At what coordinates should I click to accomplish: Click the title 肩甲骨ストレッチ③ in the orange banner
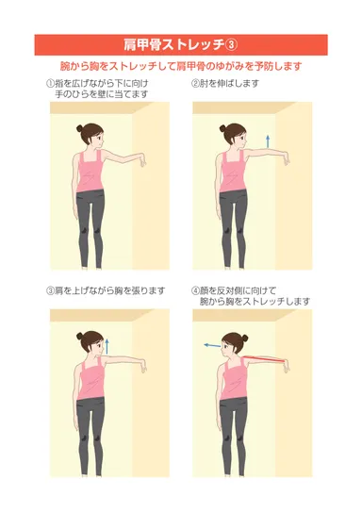pyautogui.click(x=180, y=44)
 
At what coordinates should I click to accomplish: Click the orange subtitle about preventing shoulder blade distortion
pyautogui.click(x=180, y=67)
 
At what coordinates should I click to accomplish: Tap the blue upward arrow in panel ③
pyautogui.click(x=110, y=345)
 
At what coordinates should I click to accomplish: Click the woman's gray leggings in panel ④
pyautogui.click(x=231, y=429)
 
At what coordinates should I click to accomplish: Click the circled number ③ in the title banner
pyautogui.click(x=231, y=44)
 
